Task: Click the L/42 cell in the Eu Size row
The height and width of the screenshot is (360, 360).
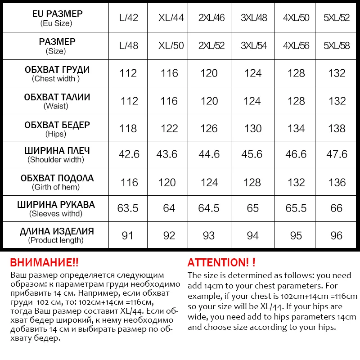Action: pos(128,18)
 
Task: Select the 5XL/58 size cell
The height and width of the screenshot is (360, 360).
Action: pos(337,46)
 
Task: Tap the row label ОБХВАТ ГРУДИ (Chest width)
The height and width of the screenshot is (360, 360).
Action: pos(57,74)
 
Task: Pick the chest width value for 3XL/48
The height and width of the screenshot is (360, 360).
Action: pos(252,73)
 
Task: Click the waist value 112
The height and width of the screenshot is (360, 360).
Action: pos(129,101)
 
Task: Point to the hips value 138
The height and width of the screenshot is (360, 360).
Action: pos(337,128)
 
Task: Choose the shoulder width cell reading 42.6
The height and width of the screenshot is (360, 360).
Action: pos(129,154)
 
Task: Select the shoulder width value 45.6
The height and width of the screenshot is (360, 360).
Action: pos(252,154)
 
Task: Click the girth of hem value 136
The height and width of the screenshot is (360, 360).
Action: pos(337,182)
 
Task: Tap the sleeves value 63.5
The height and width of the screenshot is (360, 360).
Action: pos(129,208)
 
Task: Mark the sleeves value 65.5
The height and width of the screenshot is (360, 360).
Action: pos(296,208)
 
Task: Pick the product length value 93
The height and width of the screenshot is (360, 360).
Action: pos(209,235)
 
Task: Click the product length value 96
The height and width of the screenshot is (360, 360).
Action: pos(337,235)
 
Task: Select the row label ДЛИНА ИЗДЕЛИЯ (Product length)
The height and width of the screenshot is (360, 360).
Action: pos(57,235)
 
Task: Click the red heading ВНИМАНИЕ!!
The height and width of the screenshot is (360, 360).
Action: pos(44,262)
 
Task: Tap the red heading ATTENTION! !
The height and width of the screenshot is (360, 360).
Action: pos(221,262)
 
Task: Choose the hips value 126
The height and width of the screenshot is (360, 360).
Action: pos(209,128)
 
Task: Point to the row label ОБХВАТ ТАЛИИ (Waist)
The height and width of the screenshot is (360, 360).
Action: pos(57,101)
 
